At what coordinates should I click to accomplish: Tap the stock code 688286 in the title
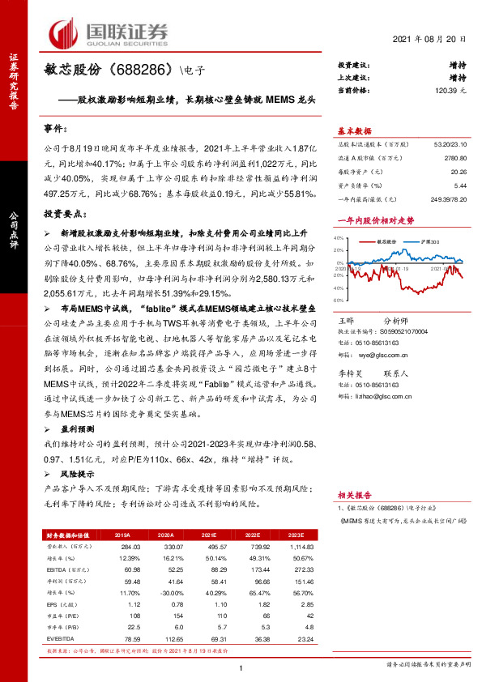pyautogui.click(x=145, y=71)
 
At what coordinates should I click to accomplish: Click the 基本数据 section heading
pyautogui.click(x=355, y=131)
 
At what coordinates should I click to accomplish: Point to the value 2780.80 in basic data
pyautogui.click(x=454, y=160)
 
